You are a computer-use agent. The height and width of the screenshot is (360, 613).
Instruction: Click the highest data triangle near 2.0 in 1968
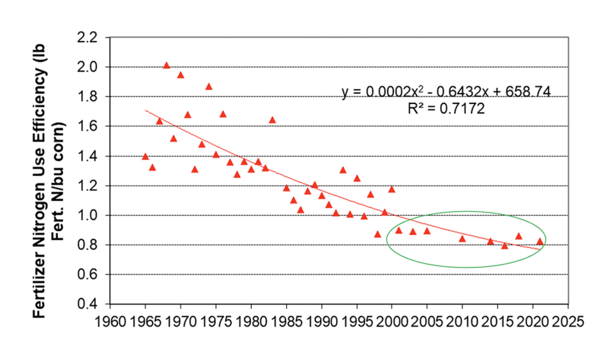click(x=167, y=65)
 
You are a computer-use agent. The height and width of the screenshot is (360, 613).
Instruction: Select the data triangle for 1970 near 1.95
click(x=181, y=75)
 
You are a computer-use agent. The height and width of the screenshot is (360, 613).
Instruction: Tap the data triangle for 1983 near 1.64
click(x=272, y=119)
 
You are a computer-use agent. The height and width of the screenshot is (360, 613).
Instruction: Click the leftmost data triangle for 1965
click(x=146, y=156)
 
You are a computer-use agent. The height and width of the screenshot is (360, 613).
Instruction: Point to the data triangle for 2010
click(x=462, y=239)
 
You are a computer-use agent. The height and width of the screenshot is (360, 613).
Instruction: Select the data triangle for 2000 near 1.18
click(x=391, y=189)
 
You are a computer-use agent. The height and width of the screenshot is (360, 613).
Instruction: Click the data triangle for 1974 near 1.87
click(x=209, y=86)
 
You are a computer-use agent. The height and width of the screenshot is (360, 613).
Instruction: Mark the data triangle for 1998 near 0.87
click(x=377, y=234)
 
